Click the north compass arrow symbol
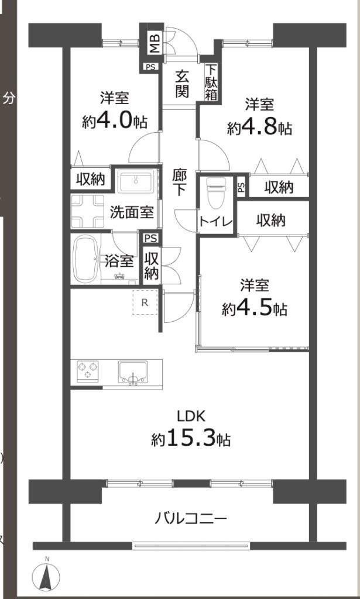click(x=47, y=575)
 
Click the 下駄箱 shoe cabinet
click(x=212, y=82)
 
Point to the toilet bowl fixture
click(x=216, y=192)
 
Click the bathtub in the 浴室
click(x=86, y=259)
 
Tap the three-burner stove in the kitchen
click(x=88, y=370)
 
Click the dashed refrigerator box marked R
click(x=145, y=302)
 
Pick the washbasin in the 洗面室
click(x=136, y=182)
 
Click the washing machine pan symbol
click(x=88, y=211)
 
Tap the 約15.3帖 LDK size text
click(x=190, y=438)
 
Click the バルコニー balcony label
click(x=191, y=518)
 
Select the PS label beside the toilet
click(x=241, y=187)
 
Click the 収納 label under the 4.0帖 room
click(x=90, y=179)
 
